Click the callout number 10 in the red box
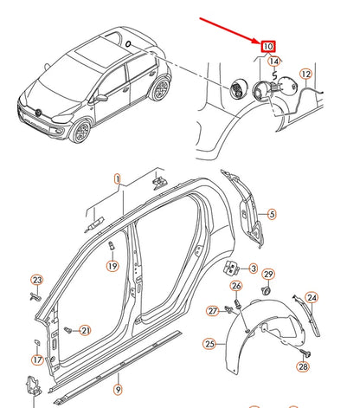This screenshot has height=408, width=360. click(x=268, y=46)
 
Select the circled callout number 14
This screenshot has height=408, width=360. click(x=274, y=62)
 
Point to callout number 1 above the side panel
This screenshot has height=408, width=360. click(x=117, y=179)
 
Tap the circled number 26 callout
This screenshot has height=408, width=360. click(x=236, y=287)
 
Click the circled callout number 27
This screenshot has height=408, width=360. click(x=212, y=310)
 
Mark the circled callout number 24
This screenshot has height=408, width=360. click(x=312, y=297)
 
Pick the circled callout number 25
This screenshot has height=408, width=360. click(x=209, y=344)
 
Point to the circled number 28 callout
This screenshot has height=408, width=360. click(x=302, y=366)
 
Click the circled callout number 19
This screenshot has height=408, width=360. click(x=112, y=267)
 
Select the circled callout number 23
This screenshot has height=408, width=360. click(x=36, y=280)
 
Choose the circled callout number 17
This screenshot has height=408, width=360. click(x=37, y=359)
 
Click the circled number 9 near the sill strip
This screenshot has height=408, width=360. click(x=119, y=390)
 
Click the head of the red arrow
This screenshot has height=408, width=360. click(x=260, y=40)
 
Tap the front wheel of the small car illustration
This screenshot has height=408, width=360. click(x=81, y=131)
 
